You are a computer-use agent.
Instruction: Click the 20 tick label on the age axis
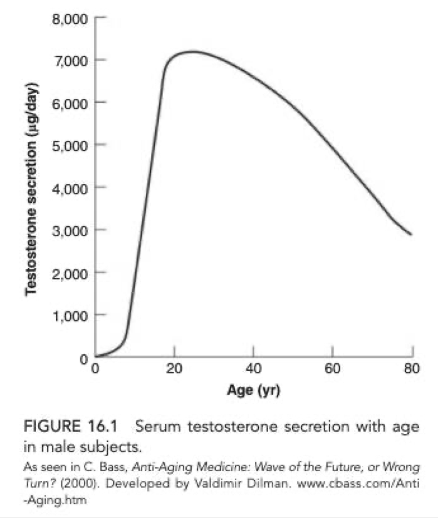[174, 368]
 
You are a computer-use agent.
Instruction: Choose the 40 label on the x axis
[253, 368]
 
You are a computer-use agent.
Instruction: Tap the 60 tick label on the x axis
[333, 368]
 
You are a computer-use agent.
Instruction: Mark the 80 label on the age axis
[412, 368]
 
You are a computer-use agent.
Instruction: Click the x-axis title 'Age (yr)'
[253, 392]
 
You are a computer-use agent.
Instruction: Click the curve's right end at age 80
[411, 235]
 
